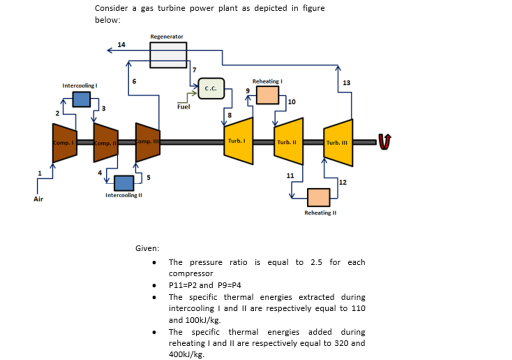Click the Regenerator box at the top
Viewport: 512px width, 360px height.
(168, 55)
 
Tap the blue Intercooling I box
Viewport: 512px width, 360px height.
(81, 99)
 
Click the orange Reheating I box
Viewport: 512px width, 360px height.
(267, 95)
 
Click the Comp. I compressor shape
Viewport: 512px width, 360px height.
(64, 142)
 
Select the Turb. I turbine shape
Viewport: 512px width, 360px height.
(238, 142)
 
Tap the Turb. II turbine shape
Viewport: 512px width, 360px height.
(288, 142)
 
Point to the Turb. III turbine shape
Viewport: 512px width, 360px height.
(338, 142)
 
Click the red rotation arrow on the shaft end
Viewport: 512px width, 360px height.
(384, 141)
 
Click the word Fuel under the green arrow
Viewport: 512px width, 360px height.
(183, 106)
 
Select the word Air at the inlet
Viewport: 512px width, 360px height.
(38, 199)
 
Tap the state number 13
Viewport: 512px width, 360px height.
(347, 82)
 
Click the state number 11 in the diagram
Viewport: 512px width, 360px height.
(290, 175)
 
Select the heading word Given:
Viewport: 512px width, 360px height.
(147, 247)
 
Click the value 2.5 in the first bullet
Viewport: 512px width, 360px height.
(316, 262)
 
